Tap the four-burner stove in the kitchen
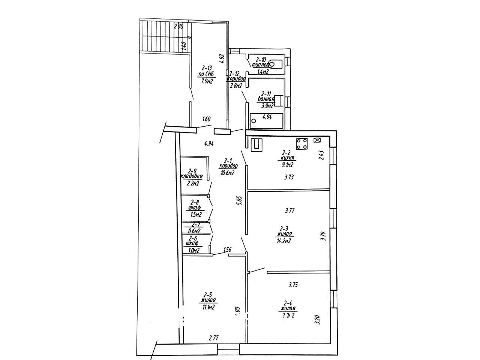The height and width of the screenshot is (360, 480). pos(302,143)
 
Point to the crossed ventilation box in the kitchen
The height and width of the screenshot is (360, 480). pos(317,140)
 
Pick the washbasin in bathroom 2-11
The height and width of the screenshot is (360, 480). pos(278,100)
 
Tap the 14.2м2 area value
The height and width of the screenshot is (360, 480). pos(283,241)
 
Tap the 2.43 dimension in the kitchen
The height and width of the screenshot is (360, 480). pos(321,155)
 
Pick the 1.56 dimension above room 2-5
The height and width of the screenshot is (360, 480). pos(227,250)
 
